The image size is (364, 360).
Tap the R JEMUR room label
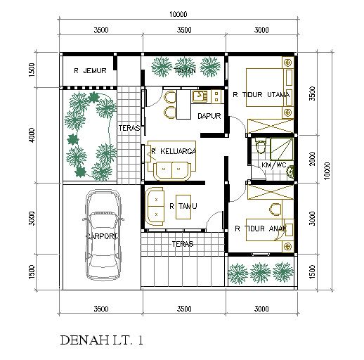(90, 71)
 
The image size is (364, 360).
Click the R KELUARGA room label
(173, 150)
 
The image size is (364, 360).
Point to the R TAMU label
(182, 206)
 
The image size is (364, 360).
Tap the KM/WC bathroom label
(273, 165)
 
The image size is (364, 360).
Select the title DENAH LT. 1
(102, 340)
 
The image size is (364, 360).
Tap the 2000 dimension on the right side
(311, 160)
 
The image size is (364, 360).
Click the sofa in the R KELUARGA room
(169, 169)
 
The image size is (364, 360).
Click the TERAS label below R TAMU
(182, 245)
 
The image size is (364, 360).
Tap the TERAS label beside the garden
(128, 128)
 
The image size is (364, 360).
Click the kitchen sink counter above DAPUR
(198, 98)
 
